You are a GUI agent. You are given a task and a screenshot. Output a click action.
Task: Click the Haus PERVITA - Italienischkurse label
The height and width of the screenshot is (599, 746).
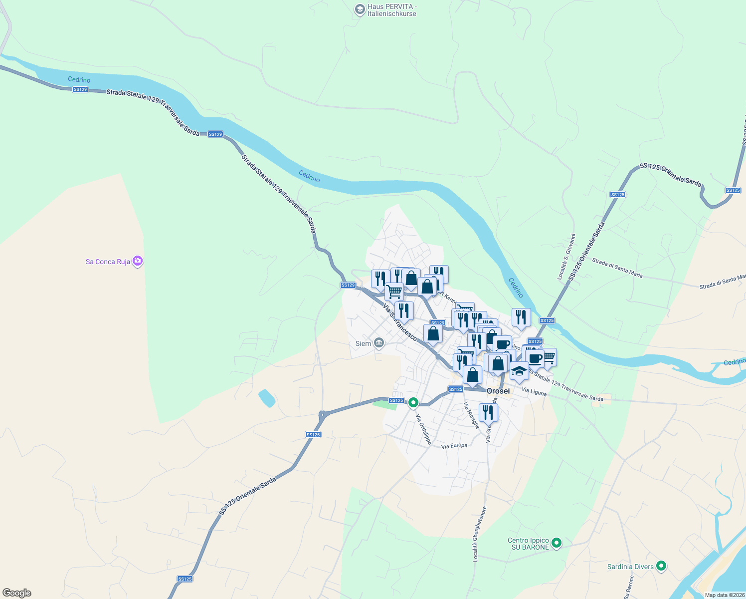tap(391, 10)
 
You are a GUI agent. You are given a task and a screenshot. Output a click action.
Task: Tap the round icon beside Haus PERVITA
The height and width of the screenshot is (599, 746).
tap(360, 9)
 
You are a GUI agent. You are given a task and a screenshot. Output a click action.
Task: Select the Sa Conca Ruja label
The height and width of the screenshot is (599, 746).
tap(108, 262)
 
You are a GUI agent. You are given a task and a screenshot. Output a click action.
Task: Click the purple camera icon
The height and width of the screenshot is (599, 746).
tap(138, 261)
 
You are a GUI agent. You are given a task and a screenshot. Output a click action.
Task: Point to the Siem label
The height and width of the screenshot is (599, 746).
tap(363, 343)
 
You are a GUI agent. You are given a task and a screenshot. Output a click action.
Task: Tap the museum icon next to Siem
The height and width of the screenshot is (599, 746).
tap(379, 343)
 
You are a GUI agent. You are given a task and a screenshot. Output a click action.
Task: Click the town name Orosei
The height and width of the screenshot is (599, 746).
tap(498, 391)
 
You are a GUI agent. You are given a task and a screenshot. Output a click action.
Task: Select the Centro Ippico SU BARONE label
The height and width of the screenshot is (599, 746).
tap(528, 544)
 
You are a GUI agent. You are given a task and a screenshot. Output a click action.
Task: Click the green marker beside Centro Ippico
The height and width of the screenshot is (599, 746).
tap(557, 543)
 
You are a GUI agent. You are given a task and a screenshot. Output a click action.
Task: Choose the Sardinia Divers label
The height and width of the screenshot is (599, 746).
tap(630, 567)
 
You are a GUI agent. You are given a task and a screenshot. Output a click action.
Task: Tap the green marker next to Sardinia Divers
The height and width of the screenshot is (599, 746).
tap(661, 566)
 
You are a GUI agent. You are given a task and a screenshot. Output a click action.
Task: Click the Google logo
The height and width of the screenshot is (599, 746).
tap(17, 593)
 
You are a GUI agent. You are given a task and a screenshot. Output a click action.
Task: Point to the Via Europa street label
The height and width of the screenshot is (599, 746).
tap(454, 445)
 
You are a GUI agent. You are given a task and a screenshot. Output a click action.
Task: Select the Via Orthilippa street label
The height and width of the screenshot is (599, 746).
tap(423, 429)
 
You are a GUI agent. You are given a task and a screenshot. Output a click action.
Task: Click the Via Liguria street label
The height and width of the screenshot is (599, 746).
tap(534, 392)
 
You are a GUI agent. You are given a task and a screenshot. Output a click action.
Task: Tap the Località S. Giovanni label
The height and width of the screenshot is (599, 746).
tap(566, 257)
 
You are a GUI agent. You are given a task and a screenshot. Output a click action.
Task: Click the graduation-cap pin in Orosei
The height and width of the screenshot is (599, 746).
tap(519, 371)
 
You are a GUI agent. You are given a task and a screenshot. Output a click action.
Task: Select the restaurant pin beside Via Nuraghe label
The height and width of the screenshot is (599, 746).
tap(488, 413)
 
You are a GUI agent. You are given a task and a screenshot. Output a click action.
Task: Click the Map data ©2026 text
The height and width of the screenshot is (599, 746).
tap(725, 595)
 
